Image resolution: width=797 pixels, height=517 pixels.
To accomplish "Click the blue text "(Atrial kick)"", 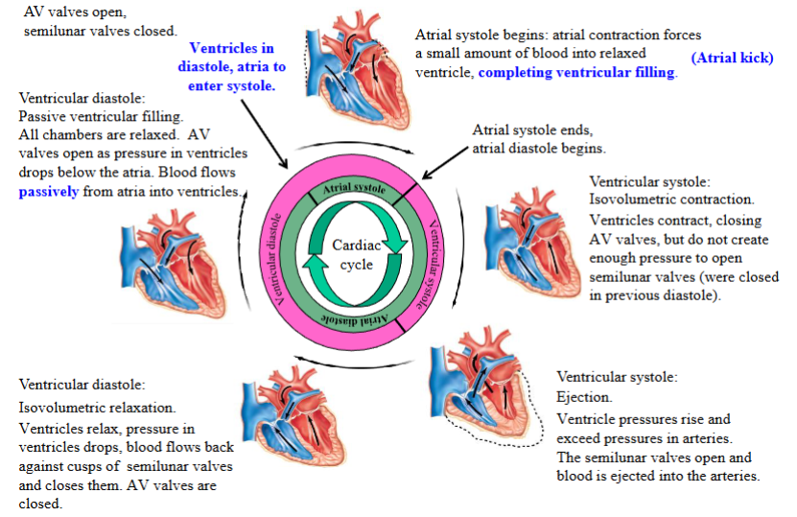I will point(731,58).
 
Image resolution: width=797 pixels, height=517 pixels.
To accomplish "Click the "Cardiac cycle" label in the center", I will point(351,255).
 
